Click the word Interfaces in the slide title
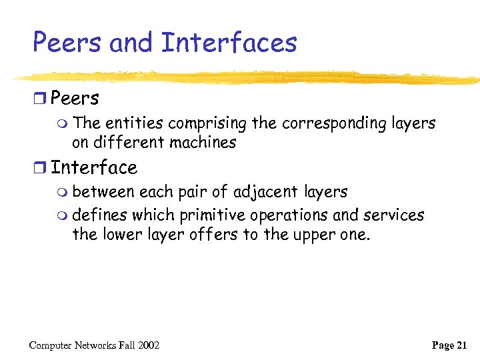click(229, 43)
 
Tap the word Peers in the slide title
click(67, 43)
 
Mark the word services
click(393, 215)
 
